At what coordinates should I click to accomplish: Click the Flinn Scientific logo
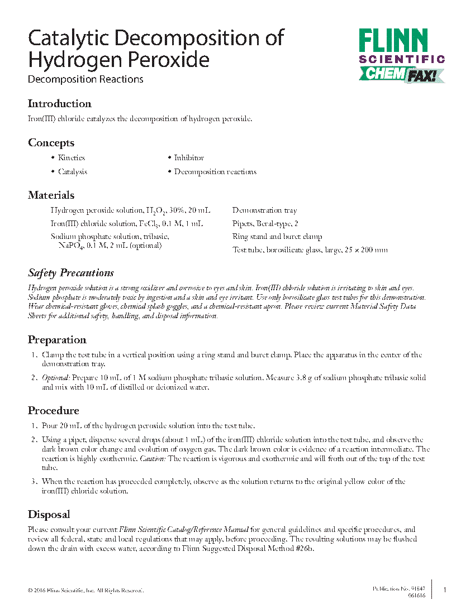point(401,47)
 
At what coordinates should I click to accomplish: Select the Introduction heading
point(59,104)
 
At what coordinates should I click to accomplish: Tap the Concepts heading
point(51,143)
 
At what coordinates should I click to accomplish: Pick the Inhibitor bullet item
point(189,158)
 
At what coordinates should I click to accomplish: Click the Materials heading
point(51,195)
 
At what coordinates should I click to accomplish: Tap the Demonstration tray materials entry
point(264,210)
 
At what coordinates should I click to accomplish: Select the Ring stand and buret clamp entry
point(277,237)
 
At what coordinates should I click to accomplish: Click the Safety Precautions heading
point(71,273)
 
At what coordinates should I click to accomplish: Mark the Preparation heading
point(57,340)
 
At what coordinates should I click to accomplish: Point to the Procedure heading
point(54,411)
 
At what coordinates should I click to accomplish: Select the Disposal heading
point(49,515)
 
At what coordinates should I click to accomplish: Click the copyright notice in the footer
point(85,591)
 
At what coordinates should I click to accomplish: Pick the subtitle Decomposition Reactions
point(85,79)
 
